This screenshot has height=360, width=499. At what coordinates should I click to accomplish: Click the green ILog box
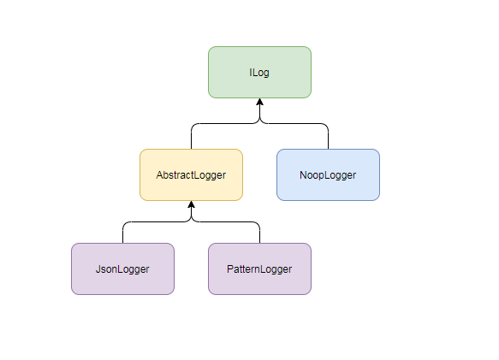coord(259,72)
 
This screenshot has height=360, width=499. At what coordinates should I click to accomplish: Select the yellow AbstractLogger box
coord(191,174)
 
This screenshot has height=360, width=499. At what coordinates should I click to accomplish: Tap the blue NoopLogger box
coord(328,174)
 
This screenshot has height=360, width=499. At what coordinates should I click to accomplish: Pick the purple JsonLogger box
coord(122,269)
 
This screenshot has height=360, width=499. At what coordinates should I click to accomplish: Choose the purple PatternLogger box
coord(259,269)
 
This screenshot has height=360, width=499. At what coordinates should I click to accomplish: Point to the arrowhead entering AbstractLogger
coord(191,205)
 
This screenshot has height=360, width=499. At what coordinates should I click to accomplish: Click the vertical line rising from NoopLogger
coord(328,137)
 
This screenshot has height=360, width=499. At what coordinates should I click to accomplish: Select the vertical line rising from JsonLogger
coord(122,233)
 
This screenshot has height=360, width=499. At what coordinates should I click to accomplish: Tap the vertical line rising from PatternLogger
coord(259,233)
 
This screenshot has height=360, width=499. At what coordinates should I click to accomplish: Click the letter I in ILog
coord(250,73)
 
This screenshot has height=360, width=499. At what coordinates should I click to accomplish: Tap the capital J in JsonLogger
coord(98,269)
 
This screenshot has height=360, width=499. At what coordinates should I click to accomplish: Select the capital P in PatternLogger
coord(230,269)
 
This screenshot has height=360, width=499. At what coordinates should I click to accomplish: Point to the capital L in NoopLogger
coord(327,175)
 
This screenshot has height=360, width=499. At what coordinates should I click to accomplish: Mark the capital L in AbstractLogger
coord(198,175)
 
